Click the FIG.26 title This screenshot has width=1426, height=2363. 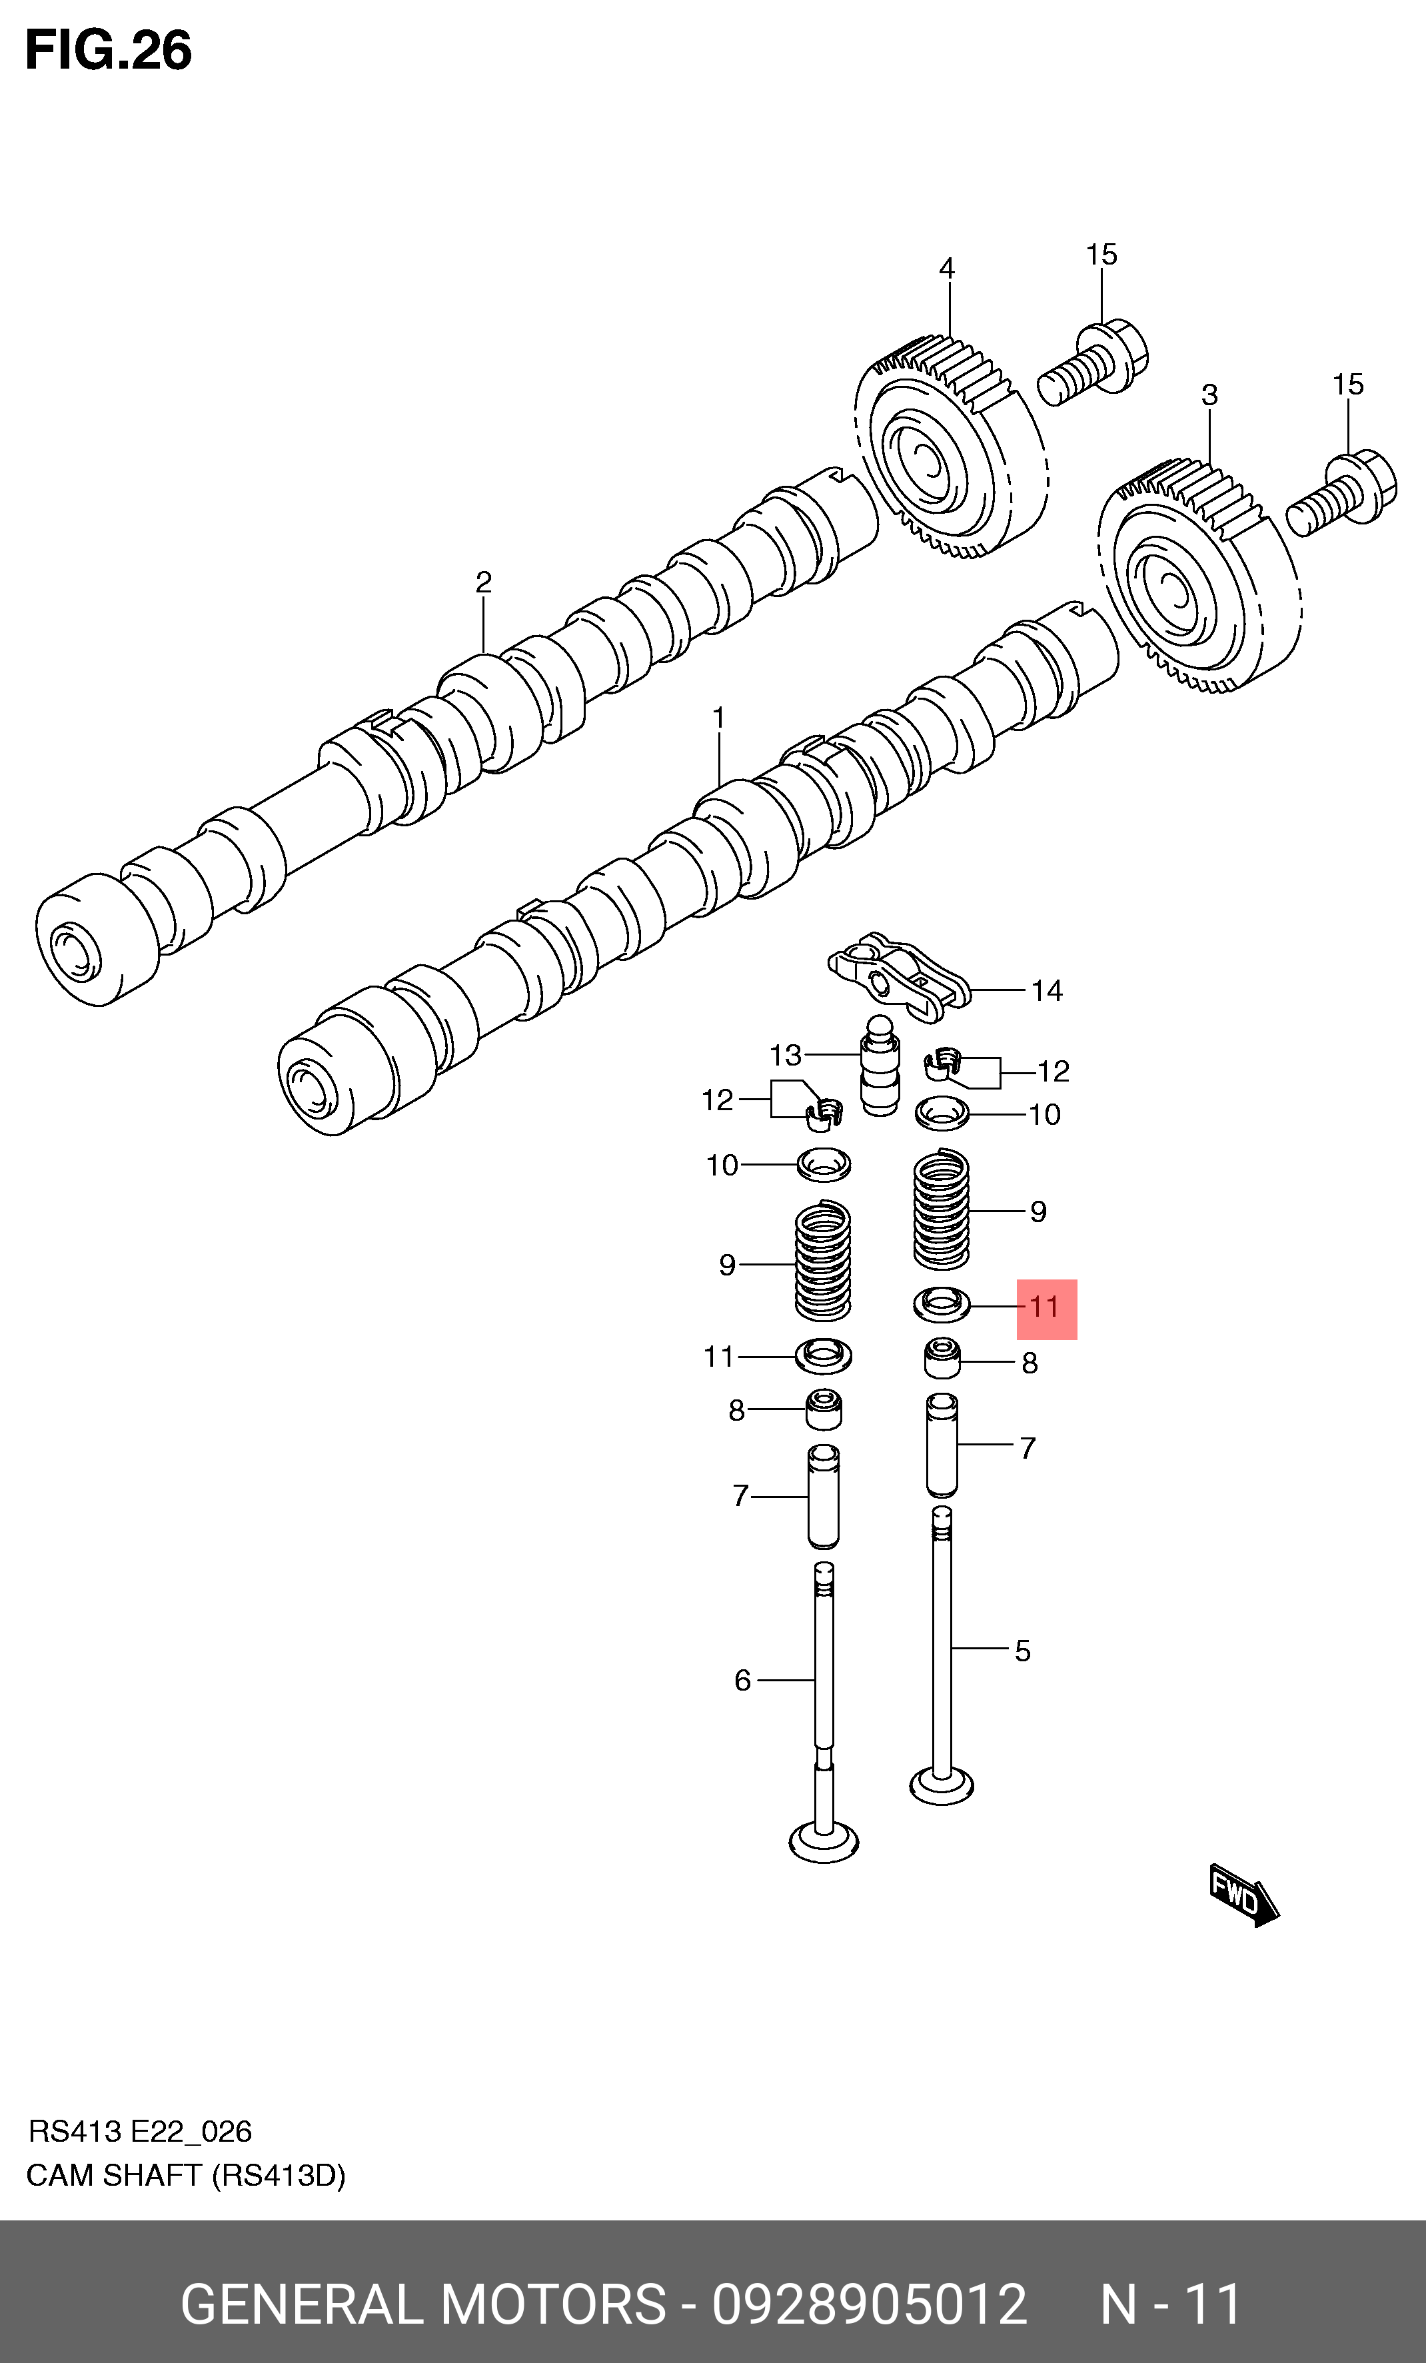pos(109,50)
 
